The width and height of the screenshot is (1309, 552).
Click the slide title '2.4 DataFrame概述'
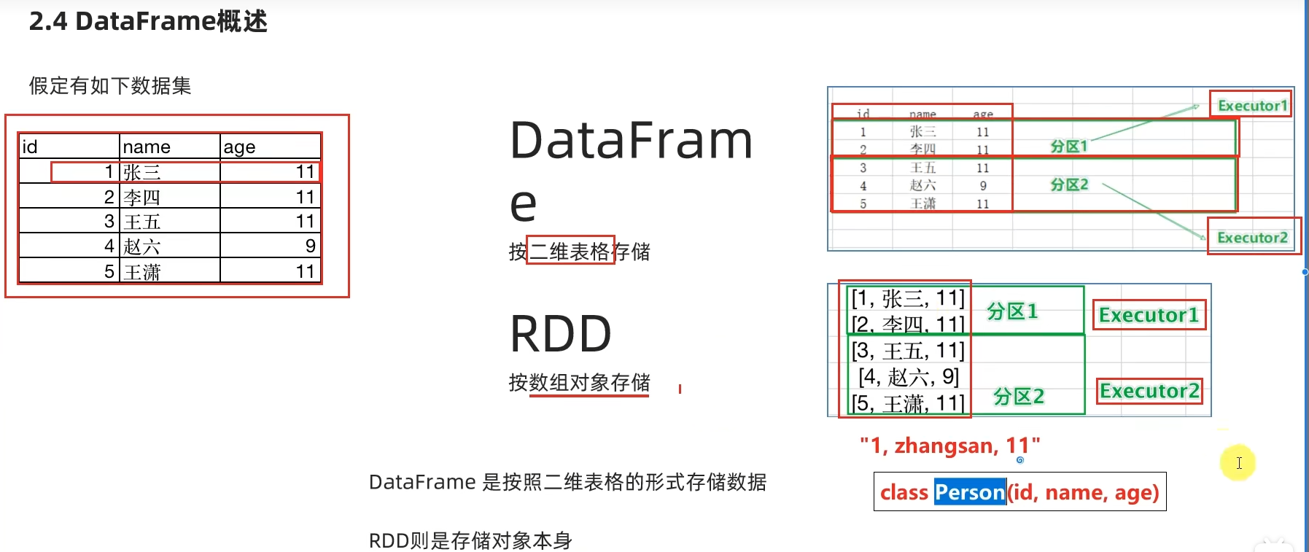[148, 21]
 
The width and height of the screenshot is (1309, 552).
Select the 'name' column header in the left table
[147, 147]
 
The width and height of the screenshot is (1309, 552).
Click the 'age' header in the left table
[239, 147]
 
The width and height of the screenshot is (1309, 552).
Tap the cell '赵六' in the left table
[141, 246]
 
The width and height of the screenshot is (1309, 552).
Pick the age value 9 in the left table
[311, 246]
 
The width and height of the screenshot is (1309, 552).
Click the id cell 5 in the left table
[109, 271]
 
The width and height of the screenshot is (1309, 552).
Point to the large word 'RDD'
[560, 334]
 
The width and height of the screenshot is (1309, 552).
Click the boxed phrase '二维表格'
[570, 252]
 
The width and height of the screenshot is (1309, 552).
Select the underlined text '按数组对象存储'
[579, 383]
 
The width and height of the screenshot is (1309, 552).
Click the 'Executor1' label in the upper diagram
[1251, 105]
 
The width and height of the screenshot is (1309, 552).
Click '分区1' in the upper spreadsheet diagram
[1068, 147]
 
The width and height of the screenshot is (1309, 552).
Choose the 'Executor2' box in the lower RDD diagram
[1149, 391]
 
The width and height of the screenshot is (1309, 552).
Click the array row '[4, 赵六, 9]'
[909, 377]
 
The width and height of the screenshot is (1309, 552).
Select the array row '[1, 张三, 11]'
[908, 298]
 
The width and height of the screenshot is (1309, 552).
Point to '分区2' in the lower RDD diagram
[1019, 397]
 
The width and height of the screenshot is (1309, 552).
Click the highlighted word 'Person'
[970, 492]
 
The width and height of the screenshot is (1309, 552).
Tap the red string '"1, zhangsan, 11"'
[949, 445]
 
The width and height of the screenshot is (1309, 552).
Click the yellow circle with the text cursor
[1238, 463]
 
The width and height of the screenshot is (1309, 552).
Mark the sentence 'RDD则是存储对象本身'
[470, 540]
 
